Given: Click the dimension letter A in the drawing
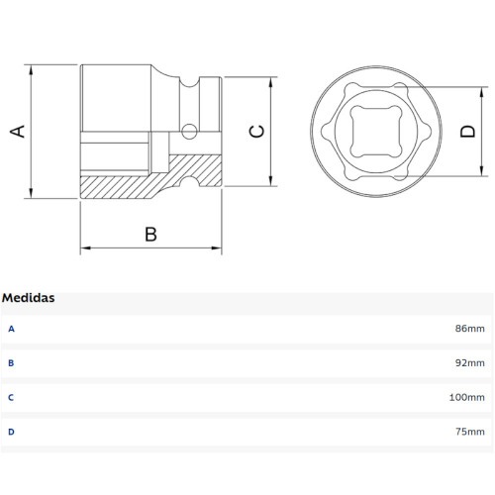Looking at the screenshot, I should point(17,131).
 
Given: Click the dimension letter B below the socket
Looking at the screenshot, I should point(150,234).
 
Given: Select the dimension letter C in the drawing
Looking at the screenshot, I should point(255,131).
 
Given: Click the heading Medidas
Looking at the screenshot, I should point(29,297).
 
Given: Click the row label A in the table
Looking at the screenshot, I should point(11,328).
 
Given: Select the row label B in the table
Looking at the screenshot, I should point(11,362).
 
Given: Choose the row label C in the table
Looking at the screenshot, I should point(11,397).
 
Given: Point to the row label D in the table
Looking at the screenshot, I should point(11,432).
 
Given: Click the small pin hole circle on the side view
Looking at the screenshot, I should point(188,130).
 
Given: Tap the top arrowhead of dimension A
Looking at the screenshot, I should point(34,70).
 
